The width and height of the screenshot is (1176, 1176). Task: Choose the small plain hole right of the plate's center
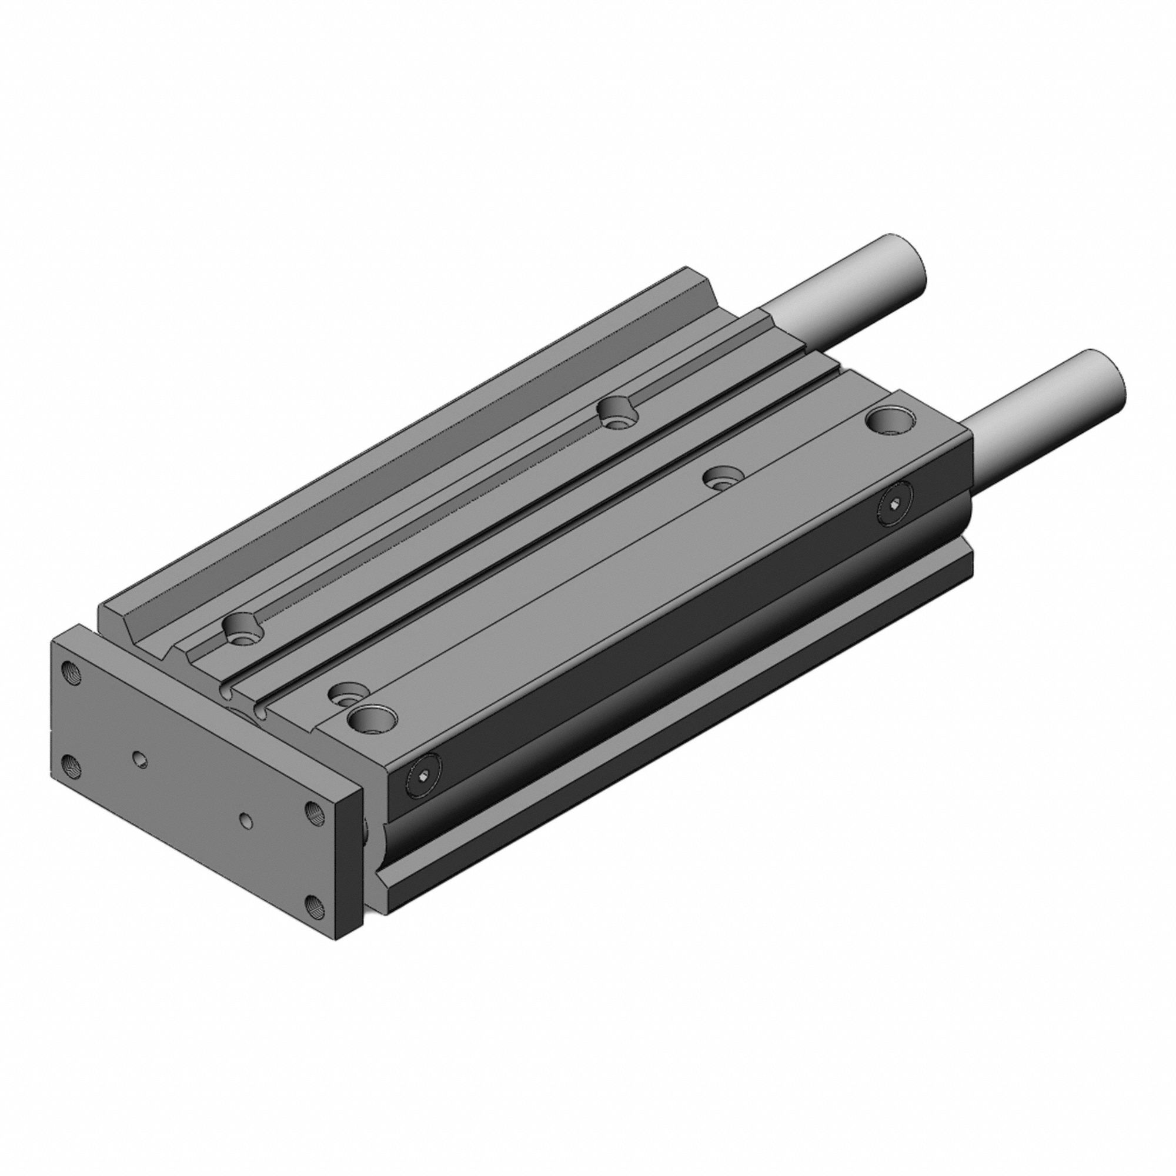tap(246, 820)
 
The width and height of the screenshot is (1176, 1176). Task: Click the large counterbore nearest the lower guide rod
tap(890, 420)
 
